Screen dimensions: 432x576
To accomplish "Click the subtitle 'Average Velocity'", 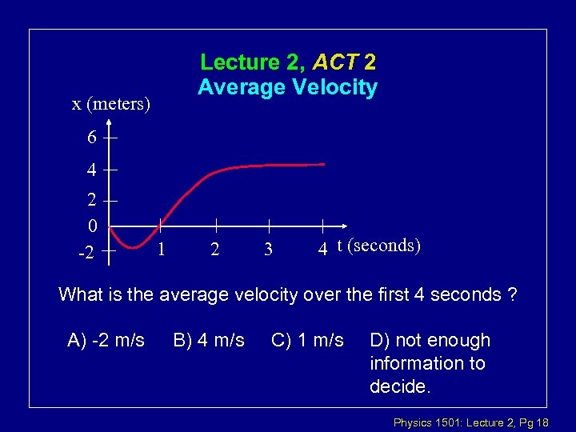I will pos(288,86).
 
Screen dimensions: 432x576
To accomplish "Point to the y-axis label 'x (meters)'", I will pos(111,103).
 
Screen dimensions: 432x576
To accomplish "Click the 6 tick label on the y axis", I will pos(93,138).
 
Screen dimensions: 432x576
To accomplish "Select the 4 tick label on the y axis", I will pos(93,170).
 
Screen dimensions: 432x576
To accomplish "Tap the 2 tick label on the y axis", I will pos(93,200).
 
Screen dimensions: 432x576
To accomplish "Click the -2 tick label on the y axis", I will pos(86,253).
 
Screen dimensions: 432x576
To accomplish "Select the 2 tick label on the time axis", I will pos(214,250).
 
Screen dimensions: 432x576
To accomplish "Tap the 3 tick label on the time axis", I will pos(268,250).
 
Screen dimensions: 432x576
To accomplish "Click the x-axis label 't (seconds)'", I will pos(378,245).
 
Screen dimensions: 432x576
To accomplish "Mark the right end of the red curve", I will pos(324,164).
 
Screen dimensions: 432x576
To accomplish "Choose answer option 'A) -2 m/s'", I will pos(106,341).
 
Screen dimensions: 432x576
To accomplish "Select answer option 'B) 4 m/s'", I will pos(209,341).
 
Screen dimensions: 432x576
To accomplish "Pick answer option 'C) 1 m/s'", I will pos(308,341).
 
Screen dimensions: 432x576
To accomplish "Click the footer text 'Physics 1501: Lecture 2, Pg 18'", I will pos(480,421).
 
